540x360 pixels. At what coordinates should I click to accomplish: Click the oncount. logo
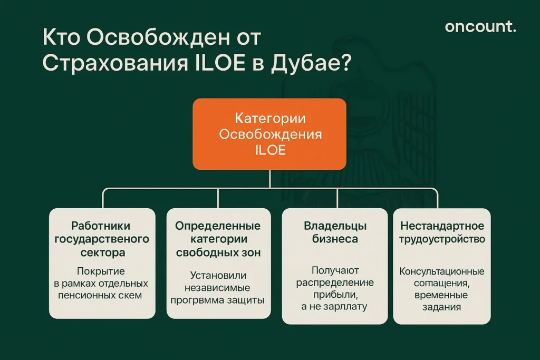(x=480, y=26)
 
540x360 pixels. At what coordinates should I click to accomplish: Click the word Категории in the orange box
(x=269, y=118)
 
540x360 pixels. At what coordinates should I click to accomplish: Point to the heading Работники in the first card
(x=102, y=226)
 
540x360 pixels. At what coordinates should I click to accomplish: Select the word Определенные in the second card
(x=218, y=226)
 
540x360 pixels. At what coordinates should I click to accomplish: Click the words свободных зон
(x=218, y=252)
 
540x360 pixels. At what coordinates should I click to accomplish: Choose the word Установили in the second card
(x=218, y=275)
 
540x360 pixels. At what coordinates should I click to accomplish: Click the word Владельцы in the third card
(x=335, y=226)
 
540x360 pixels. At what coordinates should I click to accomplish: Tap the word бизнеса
(x=335, y=239)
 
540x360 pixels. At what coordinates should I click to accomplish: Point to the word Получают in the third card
(x=335, y=270)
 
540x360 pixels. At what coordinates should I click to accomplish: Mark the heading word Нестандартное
(x=442, y=226)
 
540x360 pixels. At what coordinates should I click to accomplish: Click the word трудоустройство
(x=442, y=239)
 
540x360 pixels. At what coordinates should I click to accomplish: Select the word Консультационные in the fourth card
(x=442, y=271)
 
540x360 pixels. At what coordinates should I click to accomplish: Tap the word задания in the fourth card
(x=442, y=307)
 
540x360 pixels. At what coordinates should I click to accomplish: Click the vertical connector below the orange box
(x=269, y=179)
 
